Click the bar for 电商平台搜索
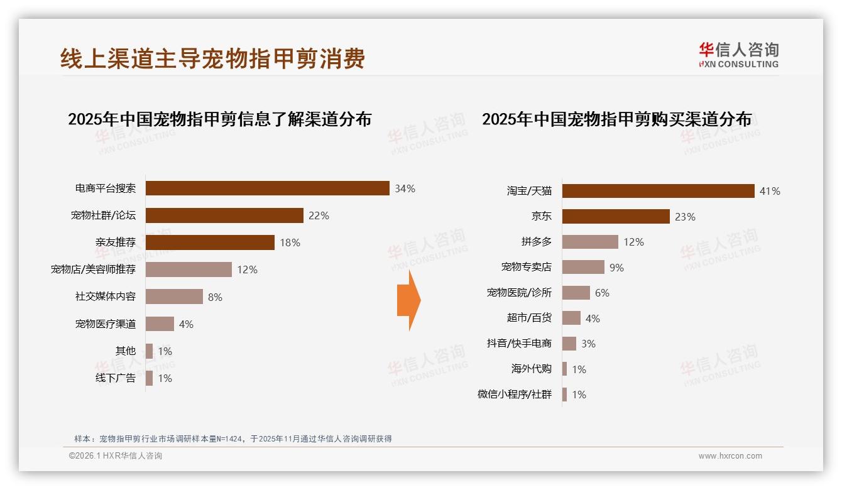point(267,188)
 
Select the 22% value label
point(319,215)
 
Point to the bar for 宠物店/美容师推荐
point(189,269)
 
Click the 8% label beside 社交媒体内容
point(215,297)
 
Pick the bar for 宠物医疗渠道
point(160,324)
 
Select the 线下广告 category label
point(115,378)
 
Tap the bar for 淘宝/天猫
point(658,191)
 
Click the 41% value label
point(770,191)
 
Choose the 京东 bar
point(616,217)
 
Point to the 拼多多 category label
point(536,242)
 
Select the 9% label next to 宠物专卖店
point(616,268)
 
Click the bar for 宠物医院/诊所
point(576,293)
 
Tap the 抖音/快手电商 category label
point(519,344)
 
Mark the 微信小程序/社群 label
point(515,395)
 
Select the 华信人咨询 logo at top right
point(738,55)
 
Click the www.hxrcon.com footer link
point(730,456)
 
